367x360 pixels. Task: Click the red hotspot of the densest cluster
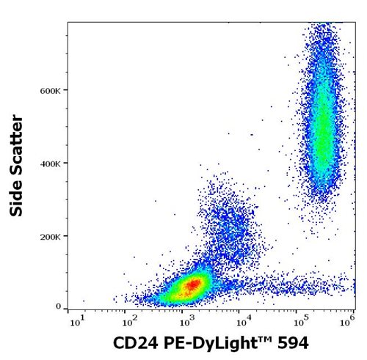[x=191, y=284]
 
